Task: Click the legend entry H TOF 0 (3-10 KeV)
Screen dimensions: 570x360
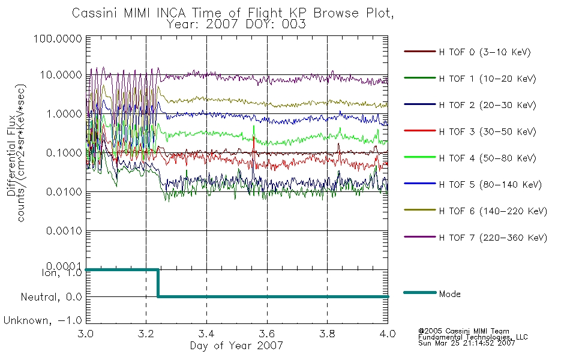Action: tap(485, 52)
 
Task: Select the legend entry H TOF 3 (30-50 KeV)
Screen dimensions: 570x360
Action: tap(487, 131)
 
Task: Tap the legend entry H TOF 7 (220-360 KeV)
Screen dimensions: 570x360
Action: tap(493, 238)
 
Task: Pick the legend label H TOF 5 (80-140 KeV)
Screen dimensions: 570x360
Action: tap(490, 185)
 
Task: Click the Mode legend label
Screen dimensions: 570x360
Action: tap(449, 294)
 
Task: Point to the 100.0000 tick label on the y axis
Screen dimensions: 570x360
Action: tap(58, 38)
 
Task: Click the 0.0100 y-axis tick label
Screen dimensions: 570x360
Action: tap(64, 191)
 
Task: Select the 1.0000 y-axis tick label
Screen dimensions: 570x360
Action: tap(64, 114)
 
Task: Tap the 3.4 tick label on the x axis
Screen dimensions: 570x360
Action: tap(206, 334)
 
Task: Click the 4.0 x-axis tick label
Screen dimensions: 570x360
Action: tap(388, 334)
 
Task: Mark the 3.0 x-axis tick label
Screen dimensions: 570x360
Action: tap(86, 334)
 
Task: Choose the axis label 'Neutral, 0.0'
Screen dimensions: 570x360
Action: tap(51, 298)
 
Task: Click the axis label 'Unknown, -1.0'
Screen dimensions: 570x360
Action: tap(43, 321)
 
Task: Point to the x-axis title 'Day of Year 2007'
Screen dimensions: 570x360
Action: tap(236, 346)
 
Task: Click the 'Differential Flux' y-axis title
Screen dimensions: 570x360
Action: tap(11, 155)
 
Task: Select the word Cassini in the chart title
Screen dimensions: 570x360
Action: tap(95, 13)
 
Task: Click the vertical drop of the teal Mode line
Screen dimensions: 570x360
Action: tap(158, 283)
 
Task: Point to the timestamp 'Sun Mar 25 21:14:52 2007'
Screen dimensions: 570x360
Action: tap(466, 343)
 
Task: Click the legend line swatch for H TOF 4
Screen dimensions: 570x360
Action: tap(420, 157)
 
